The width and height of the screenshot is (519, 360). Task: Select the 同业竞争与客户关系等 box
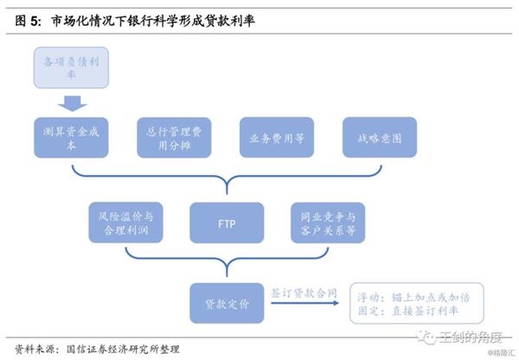coord(328,224)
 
